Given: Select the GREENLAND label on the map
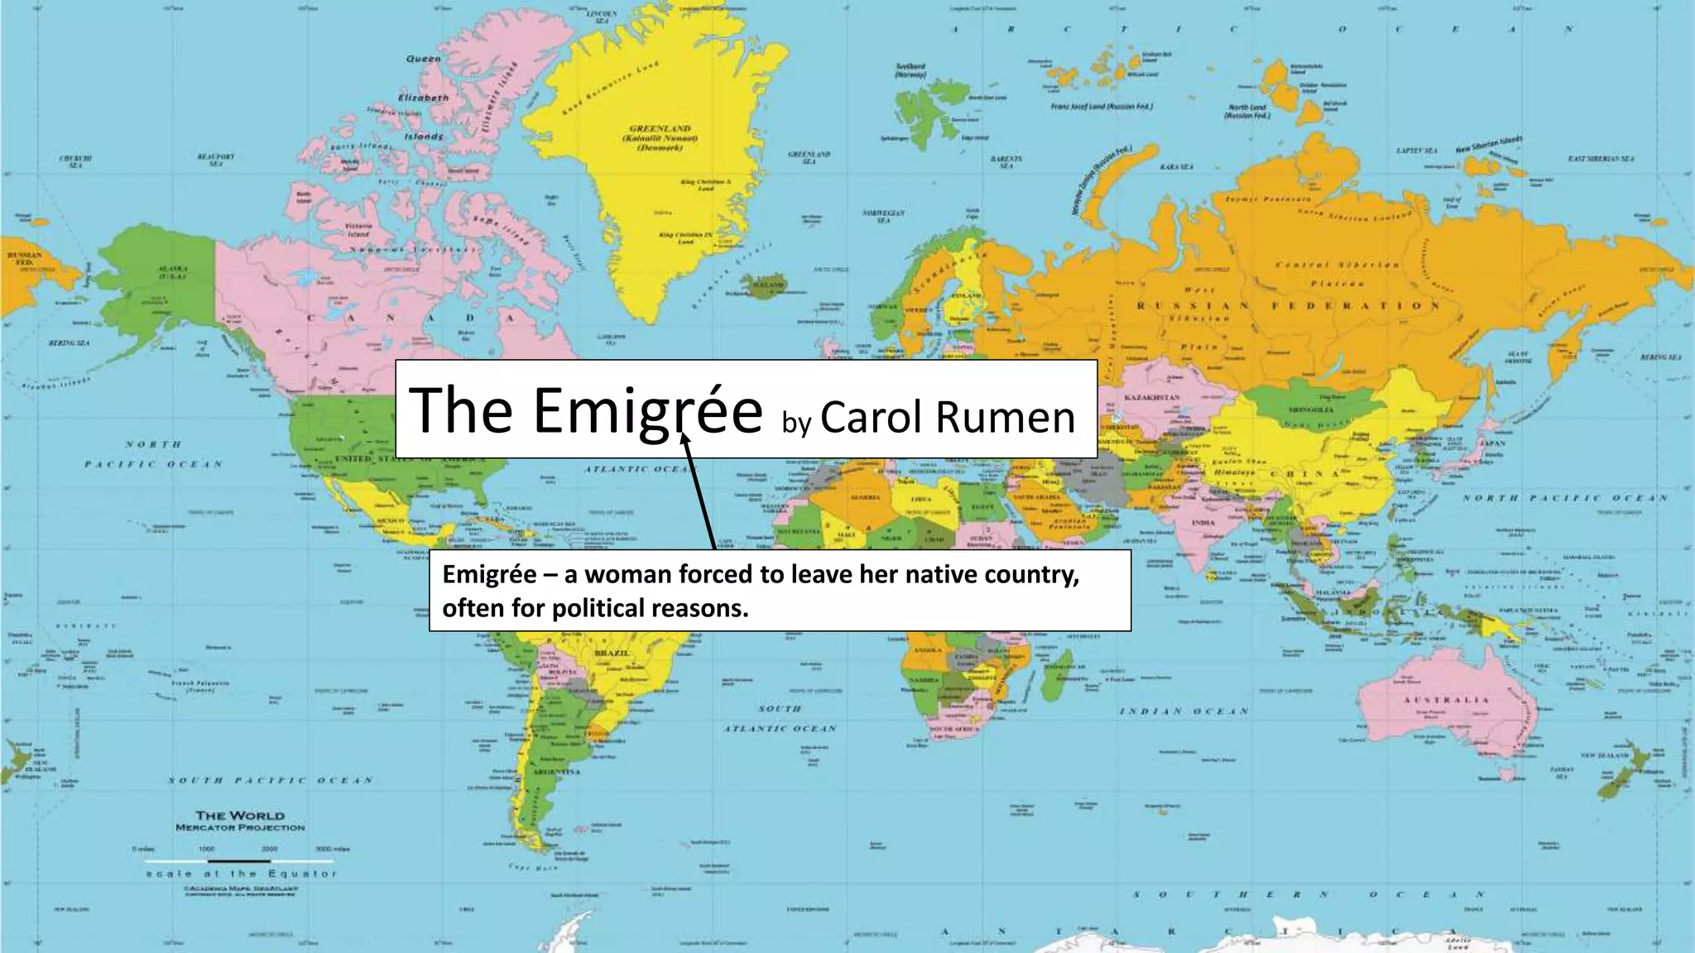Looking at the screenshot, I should pyautogui.click(x=660, y=129).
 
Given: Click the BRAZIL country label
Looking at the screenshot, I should pyautogui.click(x=612, y=653).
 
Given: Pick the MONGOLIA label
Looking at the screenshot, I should pyautogui.click(x=1311, y=409).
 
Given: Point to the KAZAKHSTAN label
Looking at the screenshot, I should pyautogui.click(x=1151, y=398).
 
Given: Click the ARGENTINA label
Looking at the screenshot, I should pyautogui.click(x=557, y=771).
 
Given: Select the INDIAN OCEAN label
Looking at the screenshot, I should pyautogui.click(x=1184, y=711).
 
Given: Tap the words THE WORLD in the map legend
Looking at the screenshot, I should pyautogui.click(x=239, y=816).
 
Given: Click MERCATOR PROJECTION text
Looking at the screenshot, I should pyautogui.click(x=239, y=827).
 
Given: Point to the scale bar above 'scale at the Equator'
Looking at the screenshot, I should pyautogui.click(x=240, y=860).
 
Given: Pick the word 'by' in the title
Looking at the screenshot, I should pyautogui.click(x=796, y=424).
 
